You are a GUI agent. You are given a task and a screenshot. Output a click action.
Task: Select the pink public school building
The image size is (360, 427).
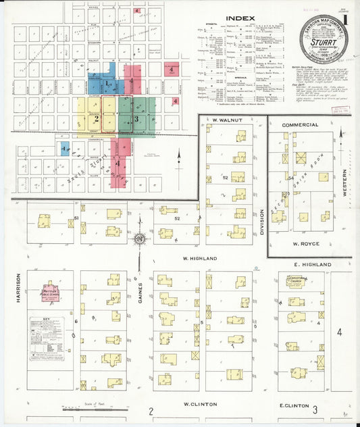[x=50, y=293]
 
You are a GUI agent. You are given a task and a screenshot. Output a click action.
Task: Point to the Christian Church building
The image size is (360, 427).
[x=297, y=280]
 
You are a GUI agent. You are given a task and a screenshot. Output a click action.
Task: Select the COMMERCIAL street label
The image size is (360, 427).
[x=300, y=125]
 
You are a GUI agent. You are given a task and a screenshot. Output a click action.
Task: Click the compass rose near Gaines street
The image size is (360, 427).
[x=140, y=238]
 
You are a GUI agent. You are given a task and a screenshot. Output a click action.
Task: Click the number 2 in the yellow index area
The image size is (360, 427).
[x=97, y=119]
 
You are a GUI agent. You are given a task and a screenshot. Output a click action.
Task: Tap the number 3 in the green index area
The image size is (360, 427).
[x=137, y=119]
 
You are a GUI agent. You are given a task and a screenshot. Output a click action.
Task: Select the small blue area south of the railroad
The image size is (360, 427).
[x=64, y=148]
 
